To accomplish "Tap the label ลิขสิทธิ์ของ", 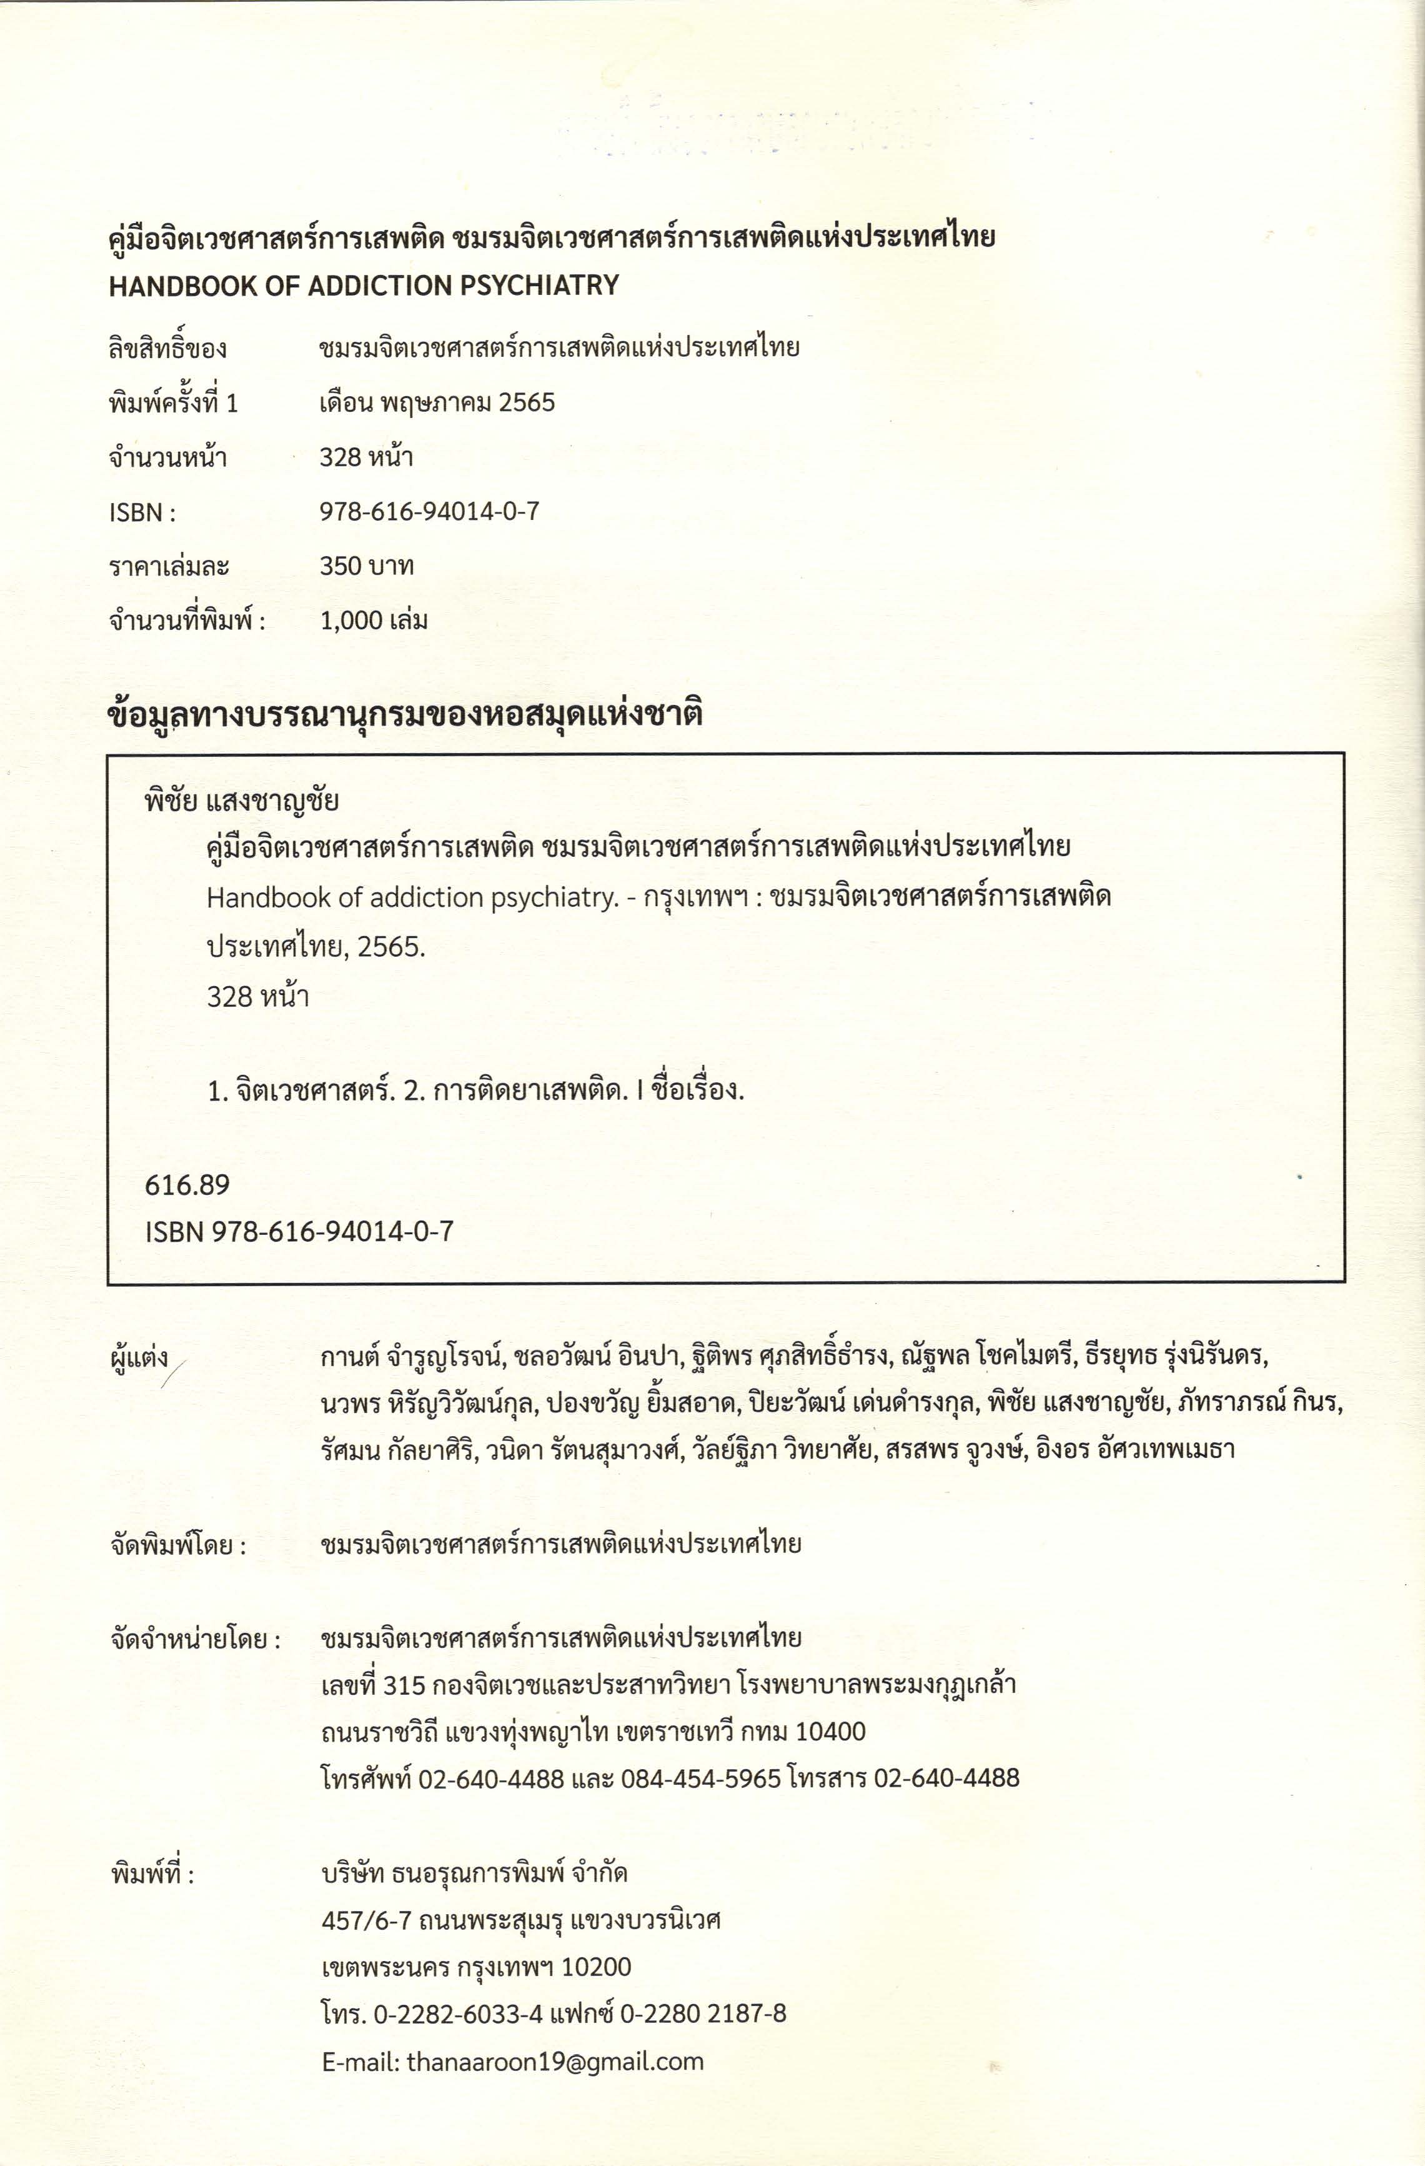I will click(x=167, y=349).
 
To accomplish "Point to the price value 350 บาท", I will click(x=366, y=566).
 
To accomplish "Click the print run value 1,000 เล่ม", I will click(x=373, y=621).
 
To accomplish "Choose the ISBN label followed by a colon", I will click(x=142, y=512).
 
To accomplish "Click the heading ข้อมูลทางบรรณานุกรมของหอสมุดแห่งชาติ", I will click(x=405, y=714).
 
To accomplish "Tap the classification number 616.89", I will click(x=187, y=1185).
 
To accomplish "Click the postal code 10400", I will click(x=830, y=1731).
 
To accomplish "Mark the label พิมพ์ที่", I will click(x=152, y=1875).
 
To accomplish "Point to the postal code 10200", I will click(x=596, y=1967).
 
